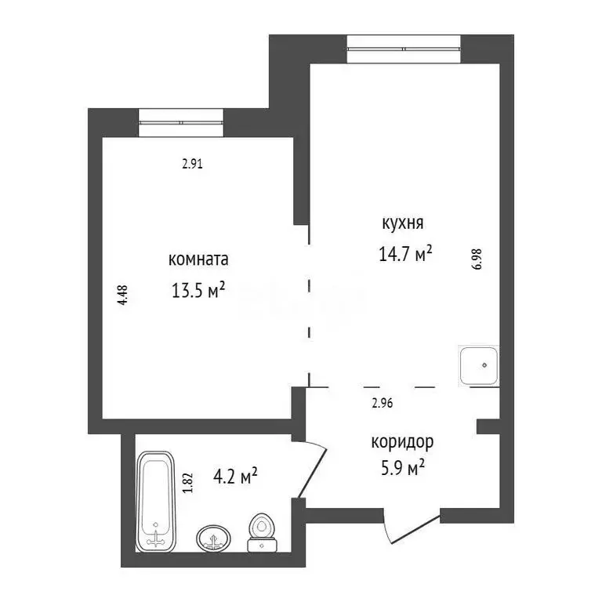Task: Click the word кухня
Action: pos(402,223)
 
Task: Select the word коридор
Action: pos(402,442)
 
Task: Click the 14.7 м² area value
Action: pos(405,255)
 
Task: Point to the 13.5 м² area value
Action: pos(198,291)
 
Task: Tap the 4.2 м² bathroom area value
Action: pos(235,475)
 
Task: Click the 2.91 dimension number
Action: pos(193,165)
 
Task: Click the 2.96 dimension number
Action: pos(382,404)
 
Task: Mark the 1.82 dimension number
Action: pos(187,480)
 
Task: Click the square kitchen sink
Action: pos(478,365)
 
